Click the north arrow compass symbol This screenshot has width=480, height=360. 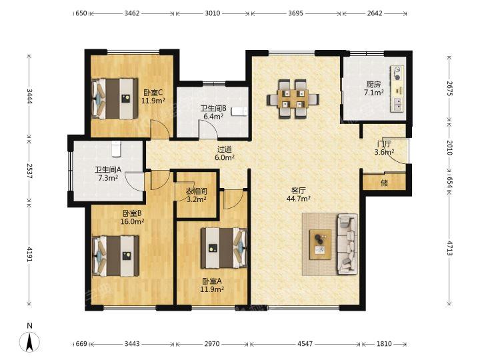[29, 341]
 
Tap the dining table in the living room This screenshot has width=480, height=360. [293, 99]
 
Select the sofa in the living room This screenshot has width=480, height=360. [347, 244]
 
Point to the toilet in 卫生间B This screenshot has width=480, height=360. [239, 111]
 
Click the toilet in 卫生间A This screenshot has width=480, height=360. [116, 149]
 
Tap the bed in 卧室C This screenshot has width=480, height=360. [115, 99]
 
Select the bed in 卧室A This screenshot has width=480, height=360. [224, 247]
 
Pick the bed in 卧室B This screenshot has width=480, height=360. [116, 256]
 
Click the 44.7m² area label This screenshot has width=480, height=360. [299, 199]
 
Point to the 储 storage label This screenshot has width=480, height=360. [385, 183]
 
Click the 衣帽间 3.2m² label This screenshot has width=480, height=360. [197, 195]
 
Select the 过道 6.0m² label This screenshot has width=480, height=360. [225, 153]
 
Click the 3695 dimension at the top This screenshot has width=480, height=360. [296, 13]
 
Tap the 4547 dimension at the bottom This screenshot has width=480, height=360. [305, 344]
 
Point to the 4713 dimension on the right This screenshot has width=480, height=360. [449, 248]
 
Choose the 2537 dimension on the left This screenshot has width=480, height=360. [29, 171]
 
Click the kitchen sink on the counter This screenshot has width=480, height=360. [398, 104]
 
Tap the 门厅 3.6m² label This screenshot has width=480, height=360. [384, 147]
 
